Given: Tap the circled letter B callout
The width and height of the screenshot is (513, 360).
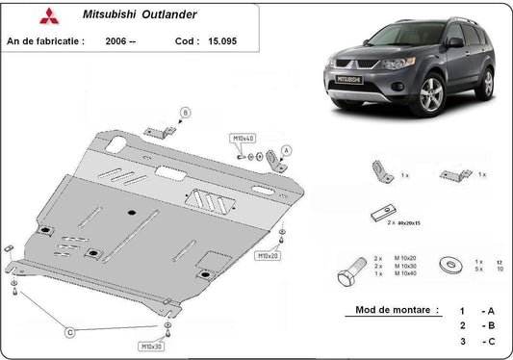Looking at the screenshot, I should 185,113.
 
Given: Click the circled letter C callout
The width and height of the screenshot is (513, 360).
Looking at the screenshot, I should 69,332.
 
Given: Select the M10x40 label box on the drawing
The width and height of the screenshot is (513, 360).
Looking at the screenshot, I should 243,139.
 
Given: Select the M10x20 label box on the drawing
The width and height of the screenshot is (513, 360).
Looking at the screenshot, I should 269,257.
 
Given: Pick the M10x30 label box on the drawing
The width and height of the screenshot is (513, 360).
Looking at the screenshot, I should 151,345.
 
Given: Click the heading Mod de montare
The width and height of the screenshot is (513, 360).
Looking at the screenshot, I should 384,311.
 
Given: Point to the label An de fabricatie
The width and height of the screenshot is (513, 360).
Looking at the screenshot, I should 45,42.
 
